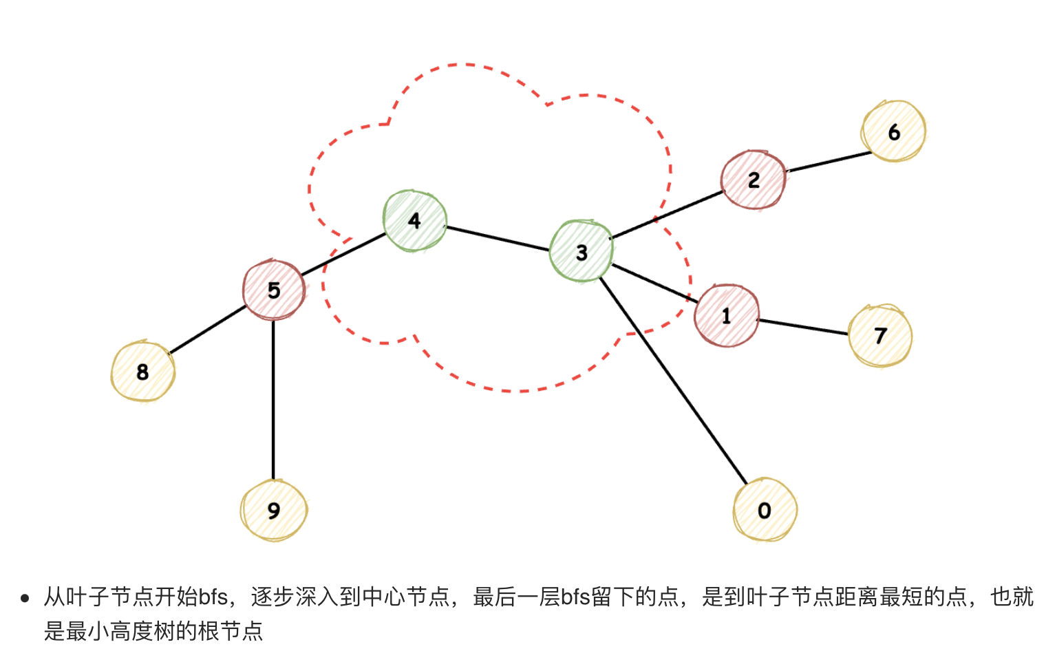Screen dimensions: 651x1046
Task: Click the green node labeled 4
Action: click(415, 221)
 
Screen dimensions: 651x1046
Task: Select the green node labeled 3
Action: click(581, 252)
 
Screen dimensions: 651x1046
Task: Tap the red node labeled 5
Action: click(274, 290)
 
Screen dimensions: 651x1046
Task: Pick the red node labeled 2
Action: click(754, 180)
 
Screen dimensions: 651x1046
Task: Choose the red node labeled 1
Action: click(727, 316)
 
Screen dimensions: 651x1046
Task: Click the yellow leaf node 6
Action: click(893, 131)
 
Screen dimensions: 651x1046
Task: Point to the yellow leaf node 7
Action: click(880, 335)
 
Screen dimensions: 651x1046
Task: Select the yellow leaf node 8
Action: click(142, 372)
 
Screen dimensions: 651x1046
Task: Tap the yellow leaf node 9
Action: click(274, 511)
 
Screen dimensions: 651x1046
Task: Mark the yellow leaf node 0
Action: click(765, 511)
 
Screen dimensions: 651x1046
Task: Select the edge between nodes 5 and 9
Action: click(273, 399)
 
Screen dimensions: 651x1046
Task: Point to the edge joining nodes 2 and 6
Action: click(829, 162)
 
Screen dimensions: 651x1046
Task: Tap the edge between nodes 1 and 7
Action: click(802, 327)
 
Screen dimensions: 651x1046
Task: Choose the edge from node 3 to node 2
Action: click(666, 215)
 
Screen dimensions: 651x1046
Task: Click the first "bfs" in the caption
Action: click(213, 597)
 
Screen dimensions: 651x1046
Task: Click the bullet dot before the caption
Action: click(25, 598)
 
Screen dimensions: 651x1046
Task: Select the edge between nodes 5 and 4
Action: click(343, 255)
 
